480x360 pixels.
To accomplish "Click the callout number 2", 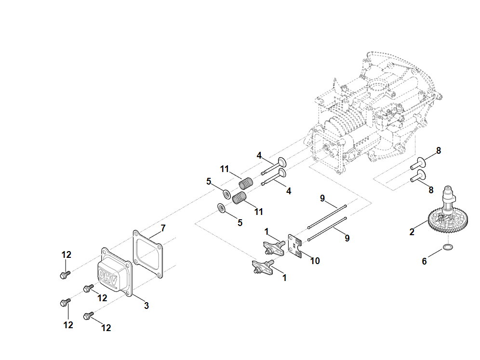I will coord(412,232).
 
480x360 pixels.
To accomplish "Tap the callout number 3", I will coord(147,306).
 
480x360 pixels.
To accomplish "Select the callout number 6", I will coord(425,261).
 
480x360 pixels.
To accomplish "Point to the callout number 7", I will coord(163,227).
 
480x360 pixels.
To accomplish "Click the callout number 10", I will coord(315,261).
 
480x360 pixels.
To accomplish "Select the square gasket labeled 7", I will coord(148,253).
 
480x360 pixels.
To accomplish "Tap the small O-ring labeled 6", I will coord(448,248).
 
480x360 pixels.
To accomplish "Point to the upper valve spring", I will coord(246,184).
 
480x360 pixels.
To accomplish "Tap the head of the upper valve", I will coord(282,161).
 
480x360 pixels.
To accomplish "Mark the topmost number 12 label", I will coord(67,254).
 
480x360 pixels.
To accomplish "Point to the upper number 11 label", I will coord(225,169).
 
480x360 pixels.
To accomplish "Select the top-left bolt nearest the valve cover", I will coord(64,274).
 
